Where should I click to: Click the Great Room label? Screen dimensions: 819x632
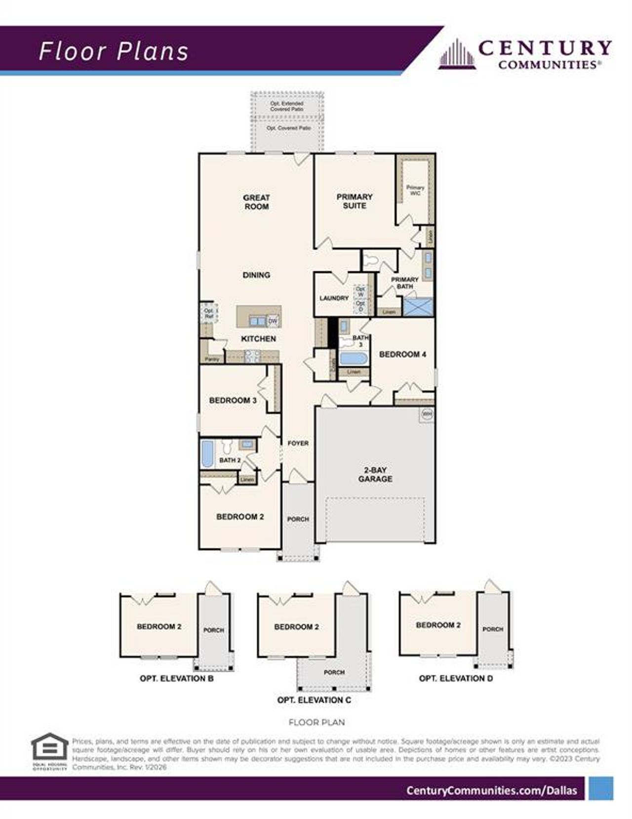(x=256, y=202)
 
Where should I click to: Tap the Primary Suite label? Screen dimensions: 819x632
(x=354, y=201)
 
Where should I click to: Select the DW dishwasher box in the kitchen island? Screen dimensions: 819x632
(x=273, y=321)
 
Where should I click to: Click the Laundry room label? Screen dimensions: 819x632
(x=334, y=298)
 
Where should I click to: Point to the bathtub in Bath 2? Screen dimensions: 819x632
(x=207, y=453)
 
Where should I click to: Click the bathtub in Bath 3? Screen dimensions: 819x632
(x=354, y=358)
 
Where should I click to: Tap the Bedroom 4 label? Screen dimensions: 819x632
(x=402, y=354)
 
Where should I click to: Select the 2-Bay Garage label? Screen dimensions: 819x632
(x=375, y=474)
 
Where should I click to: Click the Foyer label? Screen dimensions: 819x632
(x=298, y=443)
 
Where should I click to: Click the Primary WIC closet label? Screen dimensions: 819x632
(x=415, y=190)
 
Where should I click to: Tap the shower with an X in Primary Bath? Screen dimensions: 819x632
(x=417, y=307)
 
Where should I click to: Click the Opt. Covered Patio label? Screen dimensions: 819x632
(x=288, y=128)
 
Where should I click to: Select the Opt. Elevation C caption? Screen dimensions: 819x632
(x=314, y=700)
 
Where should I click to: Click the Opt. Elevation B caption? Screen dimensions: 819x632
(x=176, y=678)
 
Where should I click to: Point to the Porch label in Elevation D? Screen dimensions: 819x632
(x=493, y=629)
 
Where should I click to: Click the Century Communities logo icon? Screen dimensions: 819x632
(x=457, y=54)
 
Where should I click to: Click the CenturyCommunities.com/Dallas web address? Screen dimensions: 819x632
(x=491, y=790)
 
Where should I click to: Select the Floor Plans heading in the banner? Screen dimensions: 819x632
(x=114, y=51)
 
